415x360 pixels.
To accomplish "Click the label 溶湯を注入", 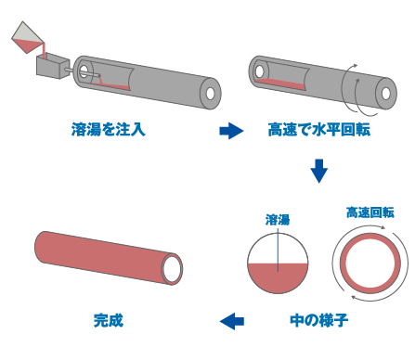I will point(109,131).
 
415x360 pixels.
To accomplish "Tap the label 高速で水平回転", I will point(318,131).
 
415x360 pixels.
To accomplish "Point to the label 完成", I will point(109,321).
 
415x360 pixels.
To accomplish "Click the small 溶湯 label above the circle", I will point(278,220).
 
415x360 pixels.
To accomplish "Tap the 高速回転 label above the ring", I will point(370,212).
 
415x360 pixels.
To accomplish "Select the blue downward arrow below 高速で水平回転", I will point(319,171).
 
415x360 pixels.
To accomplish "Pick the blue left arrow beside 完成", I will point(231,321).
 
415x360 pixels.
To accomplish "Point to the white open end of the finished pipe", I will point(172,269).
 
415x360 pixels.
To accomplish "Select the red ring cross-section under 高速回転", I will point(370,259).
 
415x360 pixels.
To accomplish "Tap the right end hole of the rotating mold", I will point(394,95).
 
